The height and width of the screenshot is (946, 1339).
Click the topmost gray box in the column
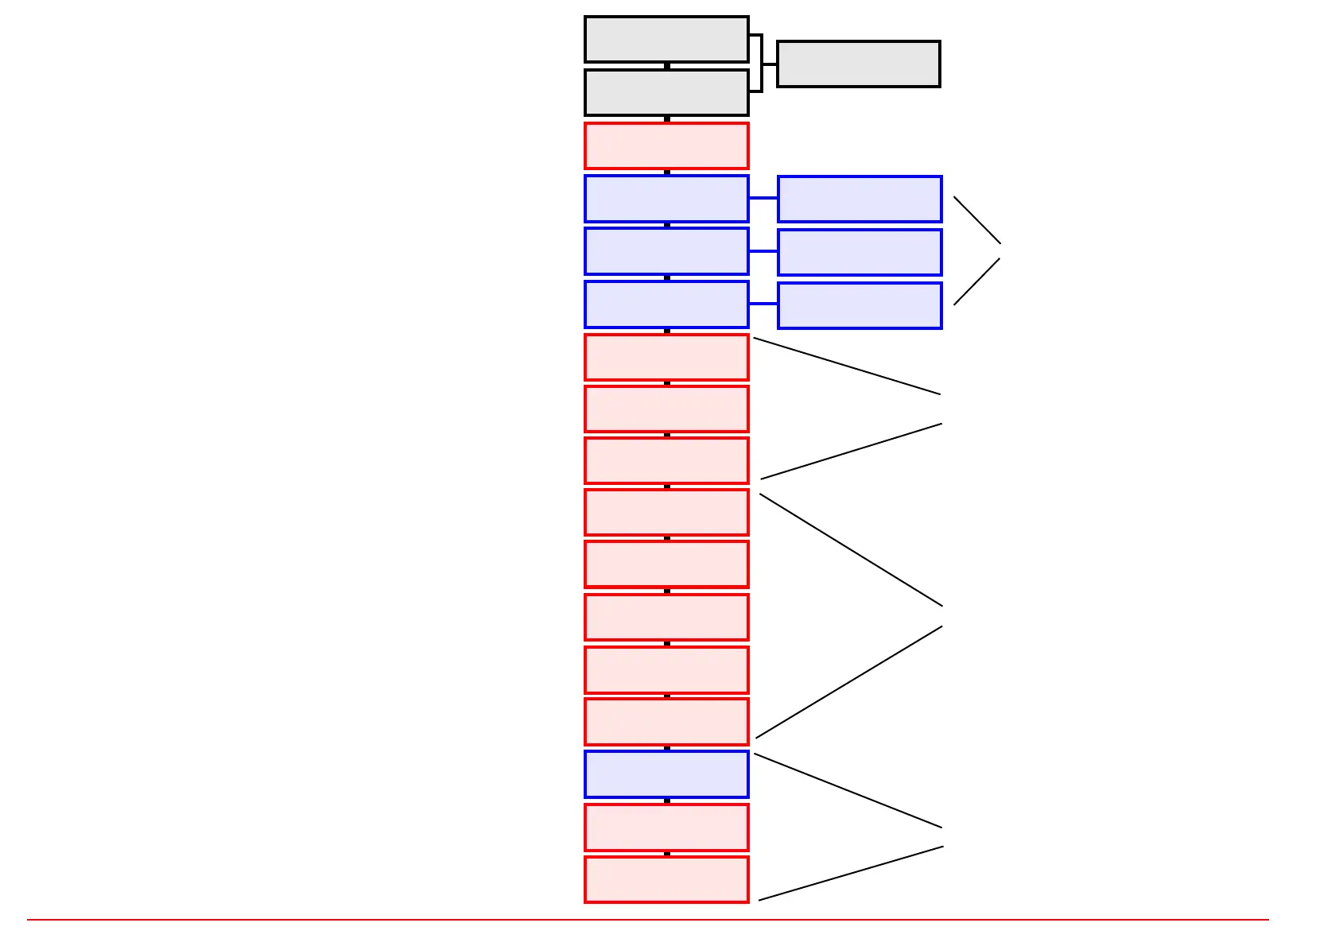coord(666,39)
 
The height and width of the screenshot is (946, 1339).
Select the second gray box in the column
coord(666,92)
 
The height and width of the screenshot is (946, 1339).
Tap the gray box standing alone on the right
coord(858,64)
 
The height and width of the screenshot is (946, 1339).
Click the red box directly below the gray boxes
coord(666,145)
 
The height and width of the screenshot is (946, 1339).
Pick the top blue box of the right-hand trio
coord(860,199)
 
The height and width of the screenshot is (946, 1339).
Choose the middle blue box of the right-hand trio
coord(860,252)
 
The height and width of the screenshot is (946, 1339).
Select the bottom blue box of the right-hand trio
coord(860,305)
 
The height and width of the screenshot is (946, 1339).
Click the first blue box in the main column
coord(666,199)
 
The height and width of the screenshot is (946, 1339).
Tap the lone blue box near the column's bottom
coord(666,774)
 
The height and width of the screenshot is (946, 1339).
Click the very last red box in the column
coord(666,879)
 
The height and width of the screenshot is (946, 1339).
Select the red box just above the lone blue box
coord(666,722)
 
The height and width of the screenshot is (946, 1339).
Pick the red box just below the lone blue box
coord(666,828)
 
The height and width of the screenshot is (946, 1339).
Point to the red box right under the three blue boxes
coord(666,357)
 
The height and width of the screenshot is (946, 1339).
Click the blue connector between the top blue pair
coord(763,198)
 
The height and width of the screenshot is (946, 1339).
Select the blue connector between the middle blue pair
coord(763,251)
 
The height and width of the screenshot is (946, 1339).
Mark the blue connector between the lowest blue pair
coord(763,304)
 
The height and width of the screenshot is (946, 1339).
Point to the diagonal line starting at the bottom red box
coord(851,874)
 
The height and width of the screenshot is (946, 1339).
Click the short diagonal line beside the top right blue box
coord(976,219)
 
